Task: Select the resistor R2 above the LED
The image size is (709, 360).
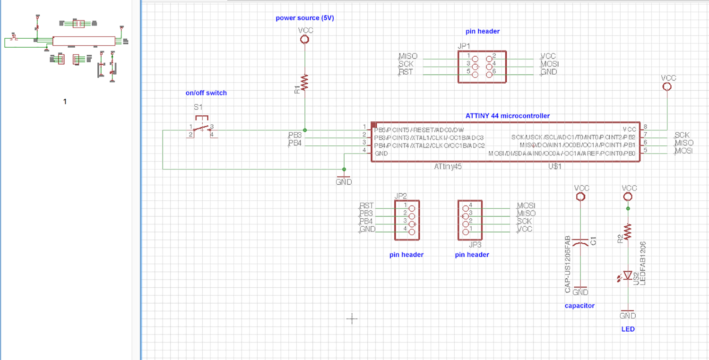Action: [628, 232]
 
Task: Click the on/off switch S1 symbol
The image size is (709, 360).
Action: [202, 127]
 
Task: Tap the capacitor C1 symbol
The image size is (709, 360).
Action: [581, 243]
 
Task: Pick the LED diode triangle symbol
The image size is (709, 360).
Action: [628, 275]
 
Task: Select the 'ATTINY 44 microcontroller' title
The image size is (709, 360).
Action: [507, 116]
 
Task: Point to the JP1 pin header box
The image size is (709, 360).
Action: [482, 67]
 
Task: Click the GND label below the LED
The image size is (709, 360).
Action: [628, 316]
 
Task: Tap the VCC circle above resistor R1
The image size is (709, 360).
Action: [305, 39]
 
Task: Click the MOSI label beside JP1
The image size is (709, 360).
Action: [548, 64]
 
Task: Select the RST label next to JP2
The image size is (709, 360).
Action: [366, 206]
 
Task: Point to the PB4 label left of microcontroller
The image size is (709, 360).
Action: [294, 143]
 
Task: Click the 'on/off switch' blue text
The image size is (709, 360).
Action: [206, 93]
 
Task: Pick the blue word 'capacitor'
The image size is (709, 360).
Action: [579, 306]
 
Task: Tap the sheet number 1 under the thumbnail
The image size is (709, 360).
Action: [65, 102]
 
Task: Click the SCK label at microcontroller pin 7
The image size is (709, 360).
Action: [682, 135]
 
